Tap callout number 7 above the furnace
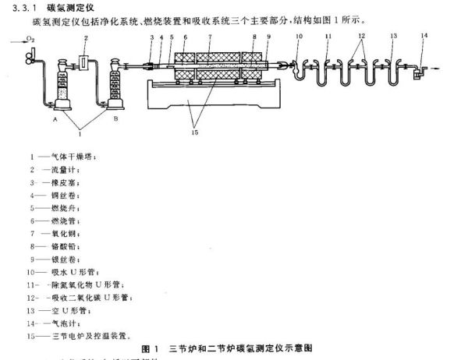[x=210, y=37]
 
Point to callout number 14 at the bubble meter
[x=424, y=36]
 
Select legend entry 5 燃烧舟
[x=58, y=208]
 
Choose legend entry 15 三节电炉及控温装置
[x=78, y=336]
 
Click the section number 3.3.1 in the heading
[x=14, y=6]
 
